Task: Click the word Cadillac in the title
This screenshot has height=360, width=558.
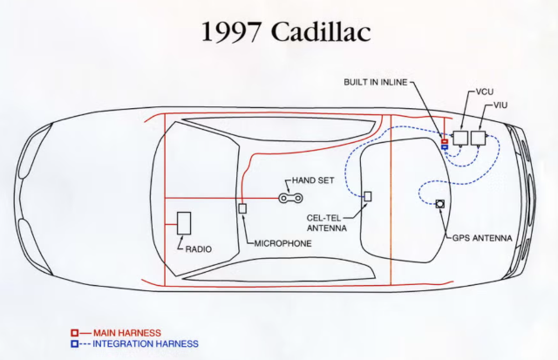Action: click(323, 31)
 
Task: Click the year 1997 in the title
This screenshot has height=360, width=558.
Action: click(230, 31)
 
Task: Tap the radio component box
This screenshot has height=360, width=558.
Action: click(184, 223)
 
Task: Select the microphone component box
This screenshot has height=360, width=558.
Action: click(242, 208)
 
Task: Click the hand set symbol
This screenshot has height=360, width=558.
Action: click(290, 198)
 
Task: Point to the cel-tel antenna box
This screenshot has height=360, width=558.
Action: click(368, 196)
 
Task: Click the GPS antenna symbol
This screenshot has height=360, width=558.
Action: click(440, 204)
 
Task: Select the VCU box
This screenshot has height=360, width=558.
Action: click(460, 138)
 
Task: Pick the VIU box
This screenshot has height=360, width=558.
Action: click(478, 138)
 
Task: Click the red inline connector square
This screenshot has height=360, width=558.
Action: click(445, 141)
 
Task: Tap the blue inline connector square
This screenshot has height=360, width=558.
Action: click(445, 146)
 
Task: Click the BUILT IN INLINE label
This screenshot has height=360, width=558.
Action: click(376, 82)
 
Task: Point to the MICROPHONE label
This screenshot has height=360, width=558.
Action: click(282, 243)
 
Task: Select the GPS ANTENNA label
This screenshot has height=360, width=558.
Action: click(482, 238)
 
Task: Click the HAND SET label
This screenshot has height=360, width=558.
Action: click(313, 180)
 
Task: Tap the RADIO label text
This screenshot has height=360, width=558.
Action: click(199, 249)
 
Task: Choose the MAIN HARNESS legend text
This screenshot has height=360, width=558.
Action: click(127, 333)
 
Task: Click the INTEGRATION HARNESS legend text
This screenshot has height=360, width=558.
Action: click(146, 344)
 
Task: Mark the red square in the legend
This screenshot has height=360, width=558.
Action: click(74, 333)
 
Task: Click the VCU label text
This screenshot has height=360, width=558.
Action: click(485, 92)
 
